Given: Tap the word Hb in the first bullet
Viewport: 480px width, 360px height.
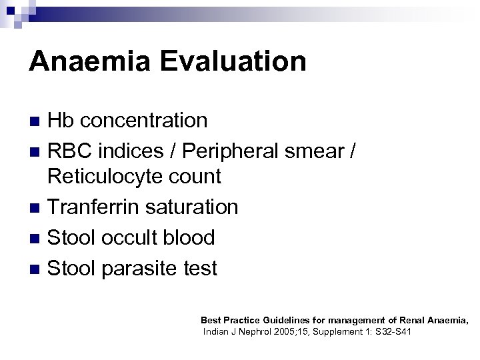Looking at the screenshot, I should [61, 121].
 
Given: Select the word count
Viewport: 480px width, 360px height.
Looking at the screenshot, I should [195, 177].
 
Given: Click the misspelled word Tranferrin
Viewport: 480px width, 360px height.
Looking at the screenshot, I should [91, 207].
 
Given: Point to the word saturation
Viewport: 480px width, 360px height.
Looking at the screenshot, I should [189, 207].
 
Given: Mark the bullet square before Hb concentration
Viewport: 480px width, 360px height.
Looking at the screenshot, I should [36, 121].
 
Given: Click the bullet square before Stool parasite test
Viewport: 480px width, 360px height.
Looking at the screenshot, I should [36, 269].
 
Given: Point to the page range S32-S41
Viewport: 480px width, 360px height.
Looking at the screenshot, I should [389, 331].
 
